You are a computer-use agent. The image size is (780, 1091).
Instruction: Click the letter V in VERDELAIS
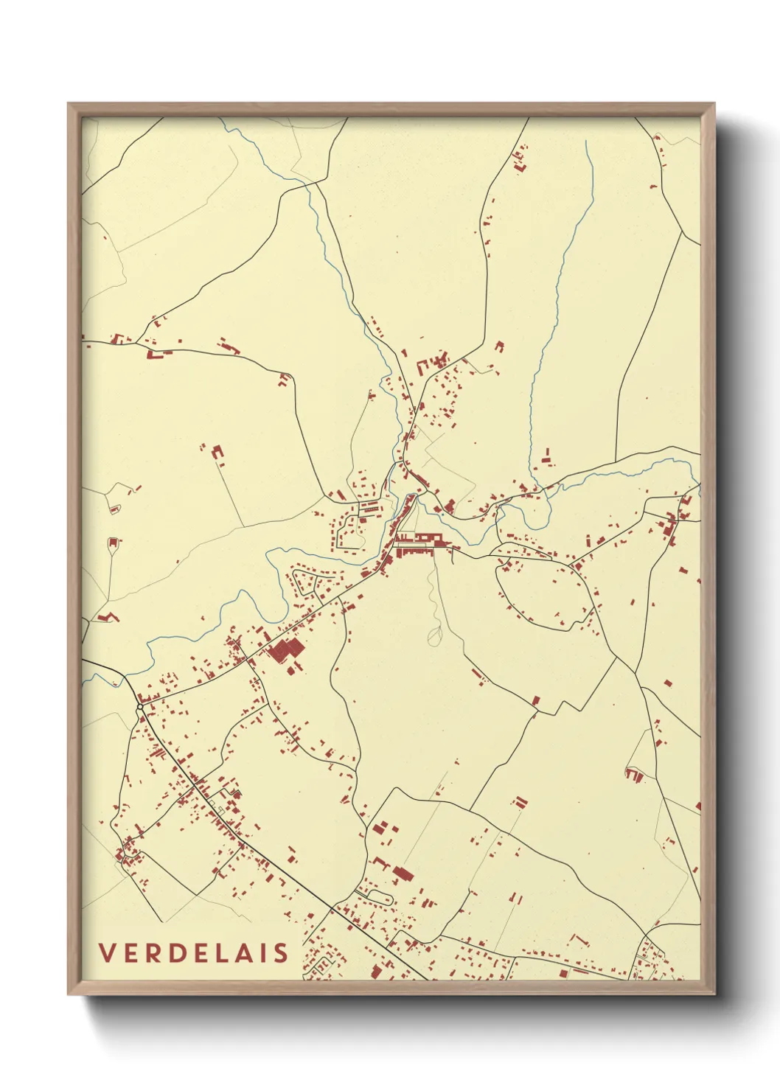[x=107, y=952]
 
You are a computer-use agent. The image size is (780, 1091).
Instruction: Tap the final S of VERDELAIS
[x=281, y=952]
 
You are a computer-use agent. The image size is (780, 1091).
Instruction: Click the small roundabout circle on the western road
[x=139, y=708]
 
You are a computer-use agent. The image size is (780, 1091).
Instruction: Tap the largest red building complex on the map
[x=286, y=652]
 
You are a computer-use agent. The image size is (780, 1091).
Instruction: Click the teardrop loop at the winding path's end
[x=434, y=636]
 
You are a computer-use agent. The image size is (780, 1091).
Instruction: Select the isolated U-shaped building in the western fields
[x=217, y=451]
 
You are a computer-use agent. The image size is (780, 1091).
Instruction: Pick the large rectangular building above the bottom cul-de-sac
[x=403, y=874]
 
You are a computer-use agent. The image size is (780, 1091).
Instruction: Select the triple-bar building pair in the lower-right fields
[x=520, y=802]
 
